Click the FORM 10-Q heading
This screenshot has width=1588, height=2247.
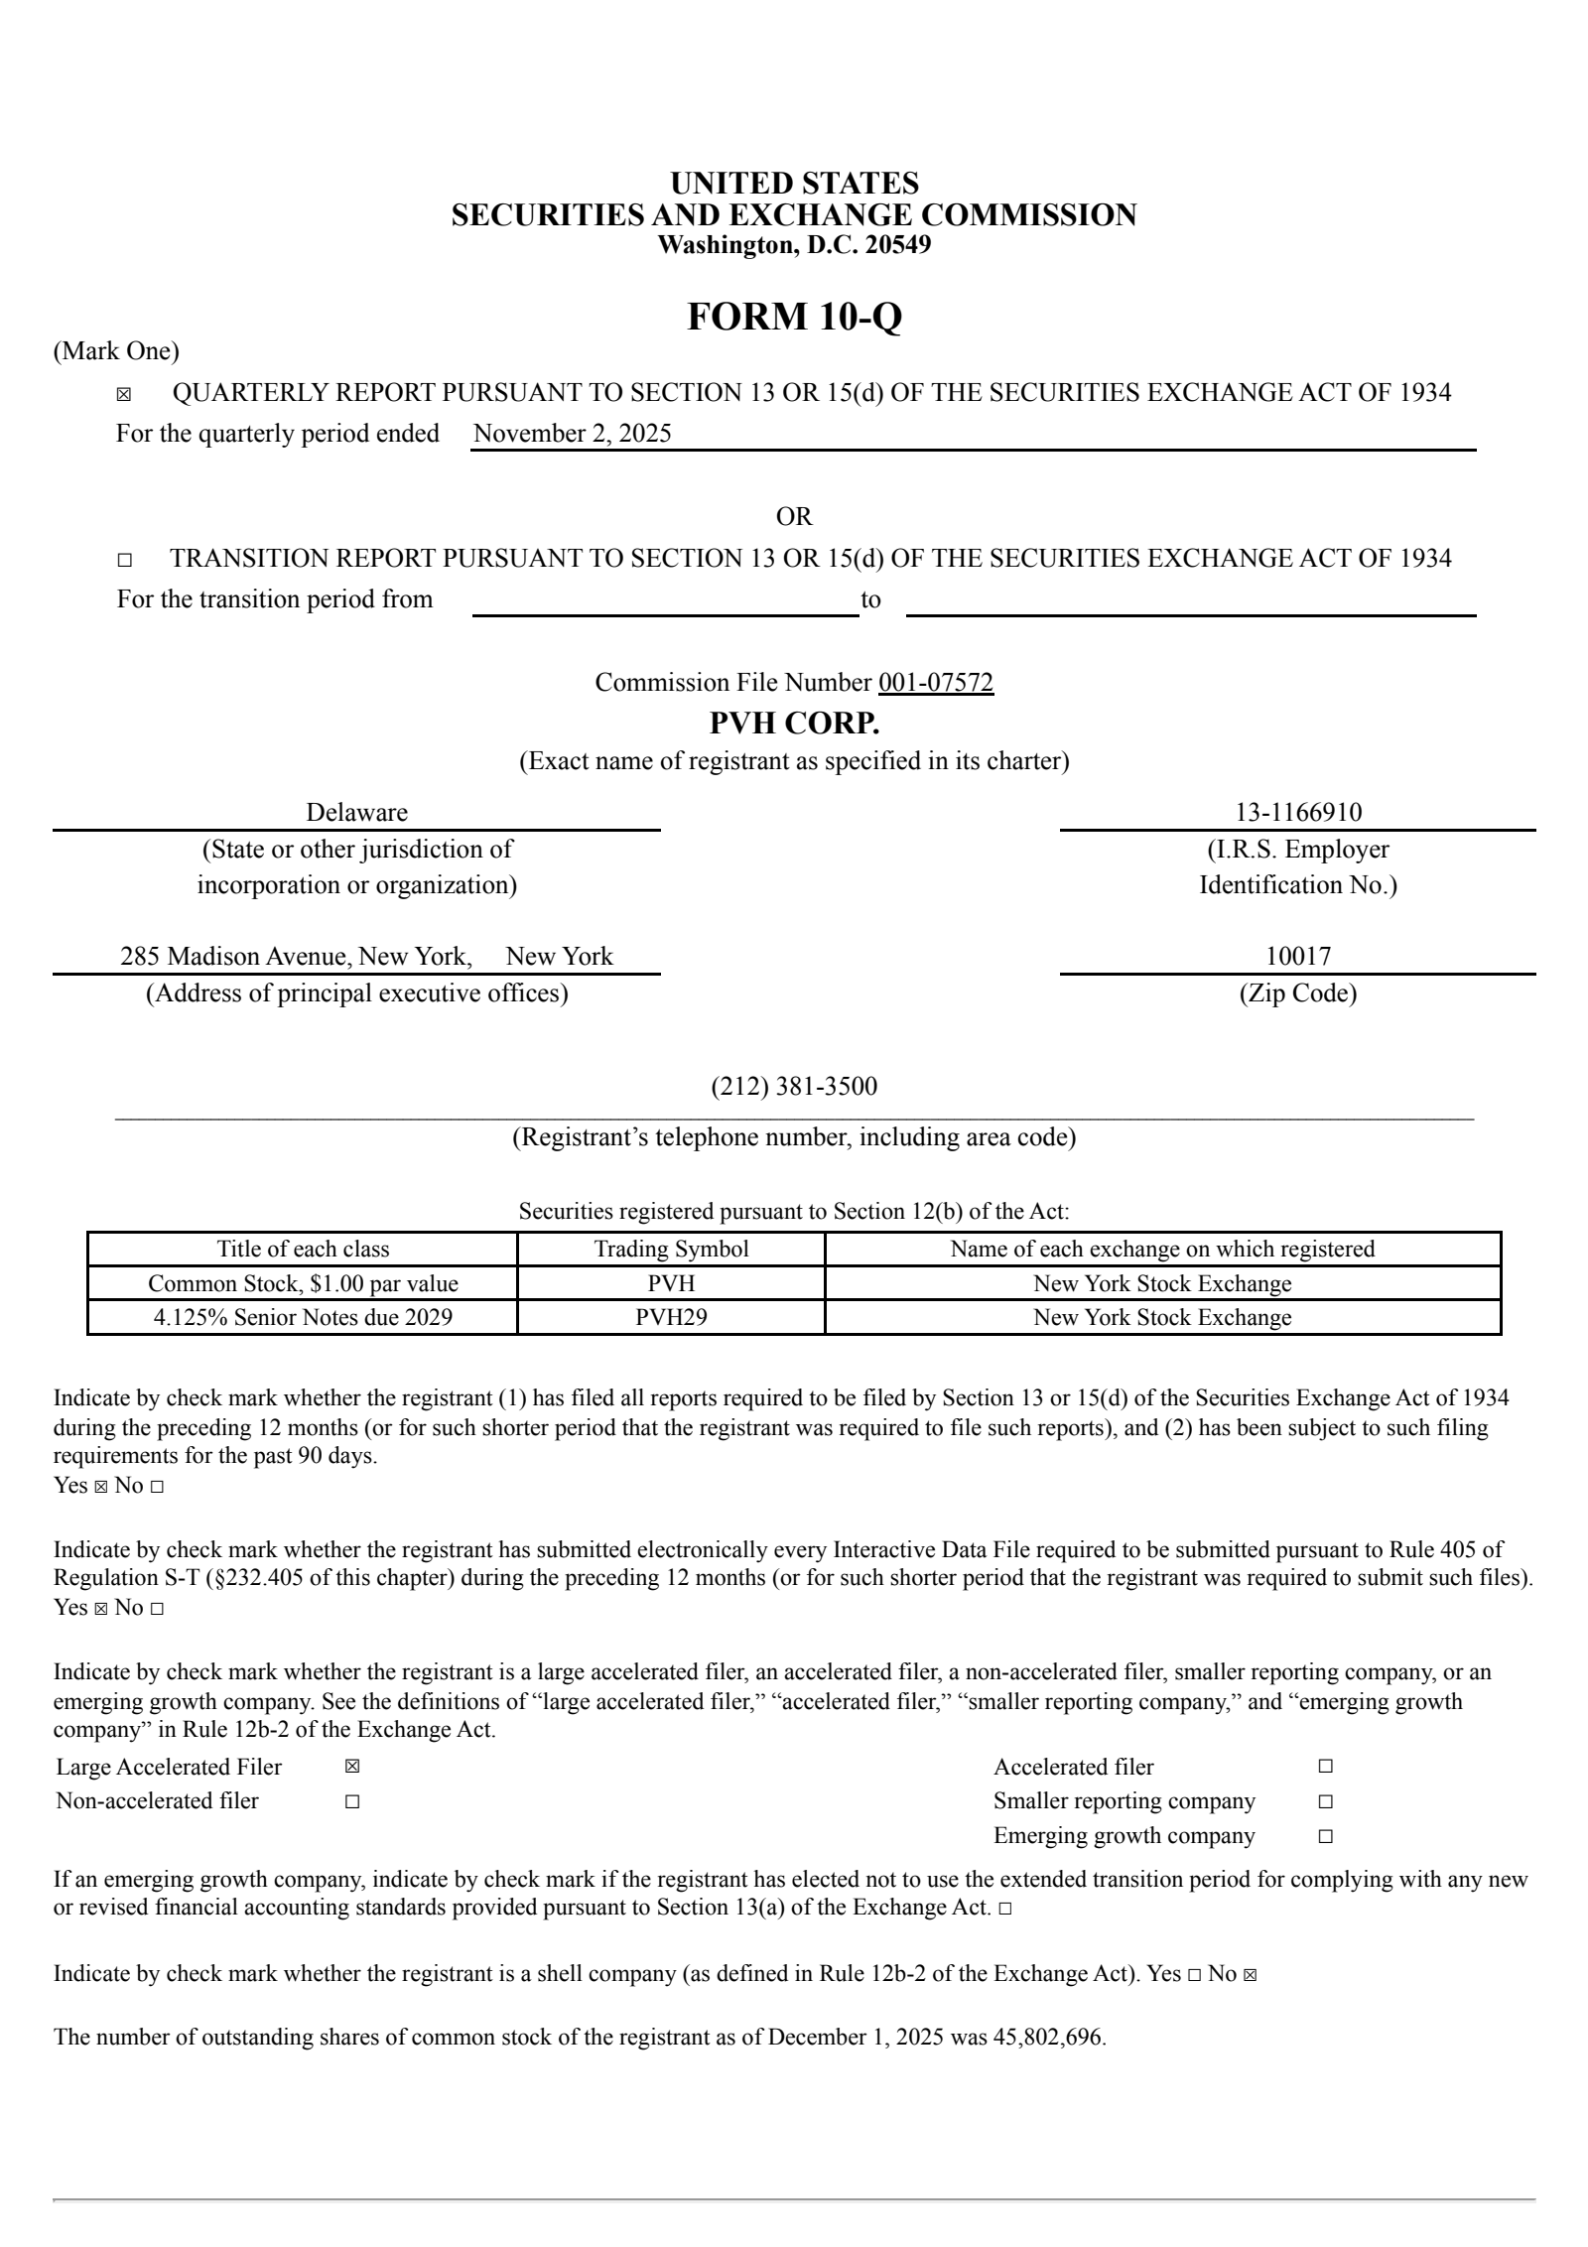(794, 318)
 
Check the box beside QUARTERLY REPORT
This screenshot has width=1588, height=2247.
(123, 395)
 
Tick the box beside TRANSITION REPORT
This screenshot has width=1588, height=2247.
(123, 561)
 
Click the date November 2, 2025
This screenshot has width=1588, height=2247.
(573, 434)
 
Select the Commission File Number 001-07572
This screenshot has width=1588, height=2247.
(936, 683)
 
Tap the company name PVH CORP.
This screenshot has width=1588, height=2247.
(794, 724)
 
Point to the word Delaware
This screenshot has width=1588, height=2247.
(356, 813)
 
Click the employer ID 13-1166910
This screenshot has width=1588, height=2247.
(1298, 813)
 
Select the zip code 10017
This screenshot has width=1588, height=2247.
(1298, 957)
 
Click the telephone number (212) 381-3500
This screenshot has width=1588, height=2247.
(794, 1087)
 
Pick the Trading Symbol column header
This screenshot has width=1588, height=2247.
(671, 1250)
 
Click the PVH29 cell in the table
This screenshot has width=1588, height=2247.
(671, 1317)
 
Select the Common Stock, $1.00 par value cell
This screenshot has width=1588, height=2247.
(303, 1284)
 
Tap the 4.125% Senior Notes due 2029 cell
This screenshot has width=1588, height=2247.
(303, 1317)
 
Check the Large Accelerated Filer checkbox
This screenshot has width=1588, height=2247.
(352, 1768)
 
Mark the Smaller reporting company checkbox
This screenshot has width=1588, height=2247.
(1326, 1801)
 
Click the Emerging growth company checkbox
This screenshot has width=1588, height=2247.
(1326, 1836)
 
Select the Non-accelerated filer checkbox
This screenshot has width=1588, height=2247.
(352, 1801)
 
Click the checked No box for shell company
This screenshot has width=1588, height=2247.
(1250, 1974)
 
